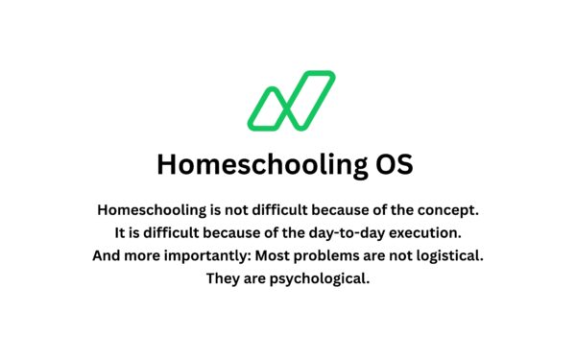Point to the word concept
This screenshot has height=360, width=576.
coord(449,209)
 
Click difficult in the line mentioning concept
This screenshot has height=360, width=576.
coord(278,209)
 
